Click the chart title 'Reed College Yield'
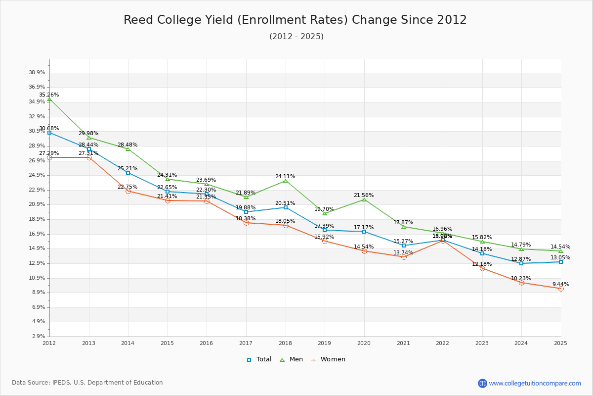[x=295, y=20]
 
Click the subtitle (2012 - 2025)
[x=296, y=37]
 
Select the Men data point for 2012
[x=49, y=99]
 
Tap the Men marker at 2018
[x=286, y=181]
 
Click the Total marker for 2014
[x=128, y=173]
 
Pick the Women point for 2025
[x=561, y=289]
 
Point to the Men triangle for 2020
[x=364, y=199]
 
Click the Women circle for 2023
[x=482, y=268]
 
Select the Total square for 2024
[x=521, y=263]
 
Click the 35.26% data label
[x=49, y=95]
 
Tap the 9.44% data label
[x=560, y=284]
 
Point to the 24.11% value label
[x=285, y=176]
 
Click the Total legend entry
[x=259, y=359]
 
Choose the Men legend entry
[x=291, y=359]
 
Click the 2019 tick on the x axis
[x=325, y=343]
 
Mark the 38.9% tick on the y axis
[x=37, y=73]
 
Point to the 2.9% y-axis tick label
[x=39, y=337]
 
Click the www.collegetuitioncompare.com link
[x=535, y=383]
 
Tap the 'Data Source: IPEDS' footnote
[x=87, y=383]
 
